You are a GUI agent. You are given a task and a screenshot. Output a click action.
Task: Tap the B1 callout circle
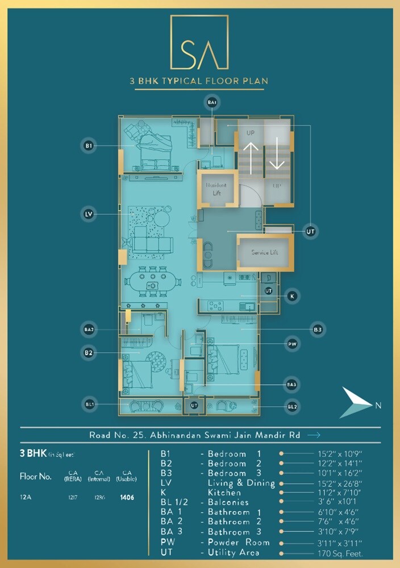click(x=88, y=146)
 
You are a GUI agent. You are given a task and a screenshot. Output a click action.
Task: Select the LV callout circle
click(x=88, y=214)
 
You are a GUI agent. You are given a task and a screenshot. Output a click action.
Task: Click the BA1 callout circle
click(x=212, y=102)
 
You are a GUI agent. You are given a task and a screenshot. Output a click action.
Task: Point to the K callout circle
click(x=292, y=296)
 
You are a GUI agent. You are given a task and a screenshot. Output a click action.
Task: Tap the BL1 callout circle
click(x=88, y=404)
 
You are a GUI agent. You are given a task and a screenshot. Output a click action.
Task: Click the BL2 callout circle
click(x=292, y=406)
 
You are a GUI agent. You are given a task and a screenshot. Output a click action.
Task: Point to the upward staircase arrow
click(x=251, y=154)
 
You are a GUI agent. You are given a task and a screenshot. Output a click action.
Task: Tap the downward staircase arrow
click(x=277, y=154)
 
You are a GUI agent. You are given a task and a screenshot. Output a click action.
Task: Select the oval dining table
click(x=152, y=282)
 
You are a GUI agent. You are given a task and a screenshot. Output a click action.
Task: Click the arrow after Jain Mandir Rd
click(x=313, y=435)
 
